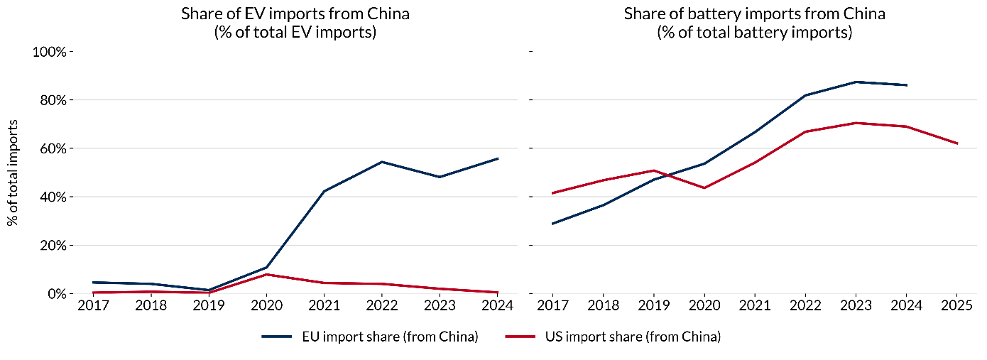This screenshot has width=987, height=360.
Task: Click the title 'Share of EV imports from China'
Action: tap(295, 14)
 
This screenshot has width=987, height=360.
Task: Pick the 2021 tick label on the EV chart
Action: tap(324, 306)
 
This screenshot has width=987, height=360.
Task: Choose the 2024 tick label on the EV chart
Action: tap(498, 306)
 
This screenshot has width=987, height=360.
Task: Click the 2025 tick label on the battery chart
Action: tap(956, 306)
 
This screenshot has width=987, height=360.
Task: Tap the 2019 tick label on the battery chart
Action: tap(653, 306)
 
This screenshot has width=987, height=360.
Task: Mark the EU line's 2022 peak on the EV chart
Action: tap(382, 162)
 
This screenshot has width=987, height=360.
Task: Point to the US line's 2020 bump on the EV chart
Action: tap(266, 274)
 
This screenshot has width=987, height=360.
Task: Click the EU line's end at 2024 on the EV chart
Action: tap(498, 158)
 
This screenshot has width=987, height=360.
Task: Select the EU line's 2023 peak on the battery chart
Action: tap(856, 82)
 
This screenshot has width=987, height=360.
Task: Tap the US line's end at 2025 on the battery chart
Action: tap(956, 143)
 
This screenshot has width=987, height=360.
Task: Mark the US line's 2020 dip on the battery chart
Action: tap(704, 187)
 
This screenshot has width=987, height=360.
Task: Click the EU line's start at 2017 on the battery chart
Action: tap(552, 224)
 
